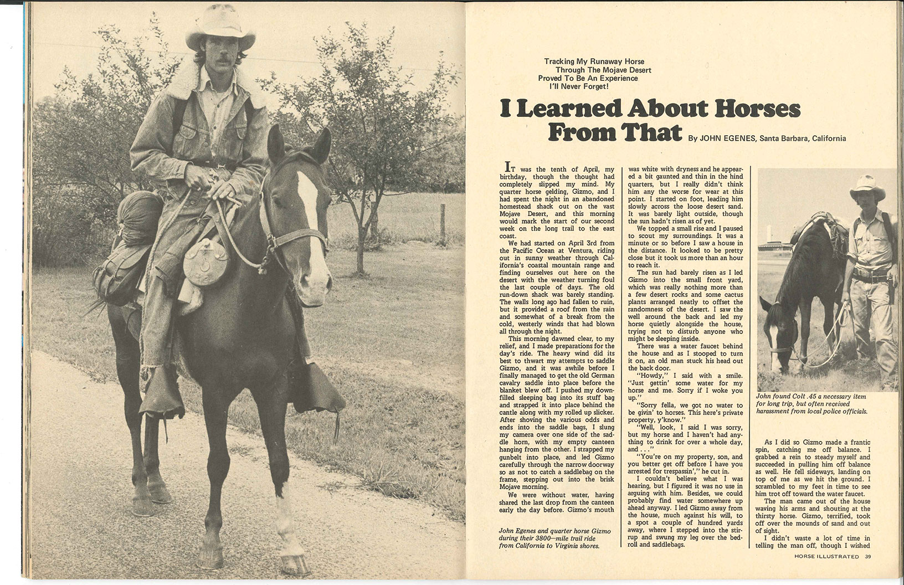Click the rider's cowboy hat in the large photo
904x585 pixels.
pyautogui.click(x=220, y=30)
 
